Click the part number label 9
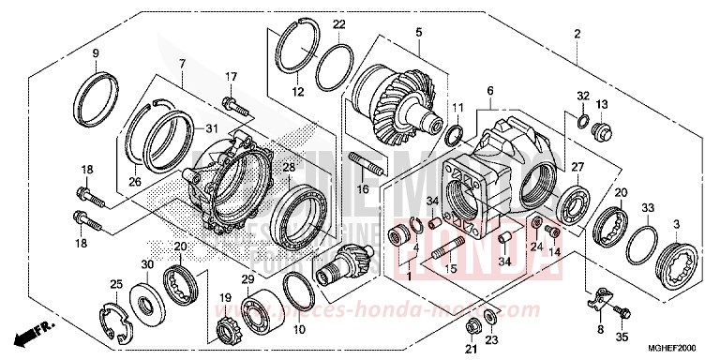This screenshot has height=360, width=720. click(95, 52)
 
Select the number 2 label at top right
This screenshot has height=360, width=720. click(577, 34)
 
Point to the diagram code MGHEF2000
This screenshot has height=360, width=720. click(683, 346)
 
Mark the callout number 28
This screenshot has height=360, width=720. click(289, 166)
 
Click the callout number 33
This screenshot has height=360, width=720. click(646, 208)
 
